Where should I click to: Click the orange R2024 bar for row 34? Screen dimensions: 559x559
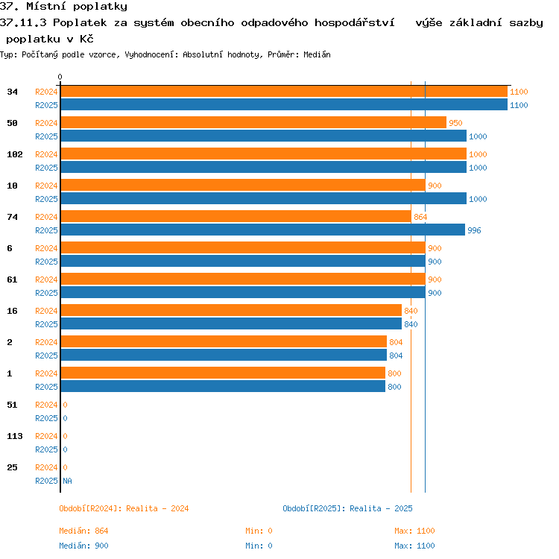[284, 92]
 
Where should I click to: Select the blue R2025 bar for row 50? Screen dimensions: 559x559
[263, 136]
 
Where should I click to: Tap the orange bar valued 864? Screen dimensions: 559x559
[236, 216]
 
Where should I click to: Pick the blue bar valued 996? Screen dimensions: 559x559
[263, 230]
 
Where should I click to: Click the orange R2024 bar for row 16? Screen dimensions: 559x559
[231, 310]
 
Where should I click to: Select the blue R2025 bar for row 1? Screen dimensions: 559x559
[223, 386]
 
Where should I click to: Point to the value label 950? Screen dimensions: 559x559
[455, 123]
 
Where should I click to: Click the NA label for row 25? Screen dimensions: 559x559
[67, 481]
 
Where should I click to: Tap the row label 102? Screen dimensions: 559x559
[15, 154]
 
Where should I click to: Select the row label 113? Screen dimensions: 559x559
[15, 436]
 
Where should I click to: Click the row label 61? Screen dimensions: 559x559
[12, 279]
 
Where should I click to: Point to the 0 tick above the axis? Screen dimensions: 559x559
[60, 77]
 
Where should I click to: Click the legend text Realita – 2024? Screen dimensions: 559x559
[157, 508]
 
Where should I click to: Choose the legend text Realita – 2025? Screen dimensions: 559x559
[381, 508]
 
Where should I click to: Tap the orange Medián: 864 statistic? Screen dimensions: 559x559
[83, 531]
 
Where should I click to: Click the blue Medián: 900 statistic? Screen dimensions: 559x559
[83, 546]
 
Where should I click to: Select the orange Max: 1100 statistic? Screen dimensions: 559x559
[414, 531]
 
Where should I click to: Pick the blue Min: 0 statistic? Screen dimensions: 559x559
[259, 546]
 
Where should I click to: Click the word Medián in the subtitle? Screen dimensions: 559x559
[317, 54]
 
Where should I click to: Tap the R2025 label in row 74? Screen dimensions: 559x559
[46, 230]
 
